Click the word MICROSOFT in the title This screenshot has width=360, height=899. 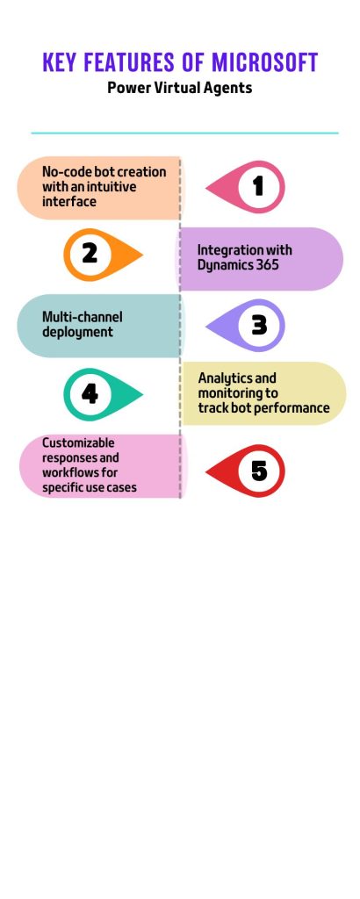tap(264, 62)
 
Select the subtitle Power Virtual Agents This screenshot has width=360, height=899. tap(179, 89)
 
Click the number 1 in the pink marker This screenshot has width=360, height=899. tap(258, 186)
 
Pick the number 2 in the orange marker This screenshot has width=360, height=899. tap(90, 254)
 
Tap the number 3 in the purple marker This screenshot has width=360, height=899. tap(259, 325)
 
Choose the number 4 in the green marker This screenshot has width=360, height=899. tap(90, 394)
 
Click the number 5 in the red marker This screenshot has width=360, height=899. tap(259, 471)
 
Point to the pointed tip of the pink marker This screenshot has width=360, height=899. tap(206, 187)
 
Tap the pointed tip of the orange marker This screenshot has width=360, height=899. tap(143, 255)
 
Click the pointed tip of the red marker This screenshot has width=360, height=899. tap(206, 471)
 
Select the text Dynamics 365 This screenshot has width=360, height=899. tap(238, 265)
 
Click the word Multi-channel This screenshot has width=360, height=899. tap(82, 317)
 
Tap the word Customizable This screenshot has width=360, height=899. tap(78, 443)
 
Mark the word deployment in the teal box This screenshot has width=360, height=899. tap(77, 333)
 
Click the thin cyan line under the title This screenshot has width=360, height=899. tap(184, 133)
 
